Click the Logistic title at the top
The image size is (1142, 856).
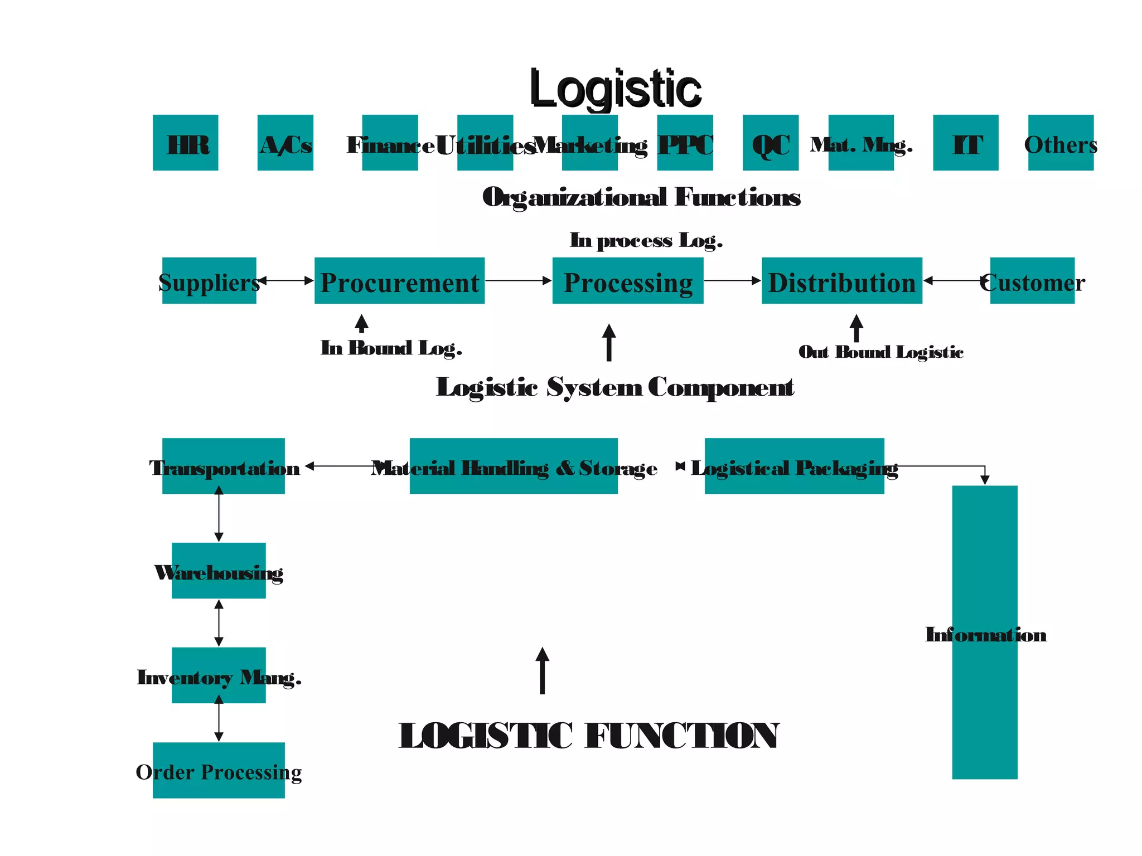615,89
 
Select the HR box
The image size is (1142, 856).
186,143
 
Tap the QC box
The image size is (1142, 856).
771,143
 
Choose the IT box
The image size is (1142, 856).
966,143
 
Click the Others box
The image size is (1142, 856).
1061,143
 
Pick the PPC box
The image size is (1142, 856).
685,143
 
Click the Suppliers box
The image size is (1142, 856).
209,281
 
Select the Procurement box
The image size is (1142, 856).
399,281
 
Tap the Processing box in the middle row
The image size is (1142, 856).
628,281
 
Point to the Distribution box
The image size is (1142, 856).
842,281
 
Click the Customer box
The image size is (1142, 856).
1032,281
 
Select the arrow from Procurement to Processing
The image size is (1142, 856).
518,281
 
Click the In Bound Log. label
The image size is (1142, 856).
391,348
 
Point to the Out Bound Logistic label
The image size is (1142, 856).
881,352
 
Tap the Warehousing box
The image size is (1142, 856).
219,571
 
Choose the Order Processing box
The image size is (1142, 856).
219,771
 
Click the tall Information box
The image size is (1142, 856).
985,633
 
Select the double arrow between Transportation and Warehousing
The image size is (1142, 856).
219,514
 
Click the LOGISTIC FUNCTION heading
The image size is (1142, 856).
589,736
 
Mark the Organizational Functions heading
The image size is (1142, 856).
641,197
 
